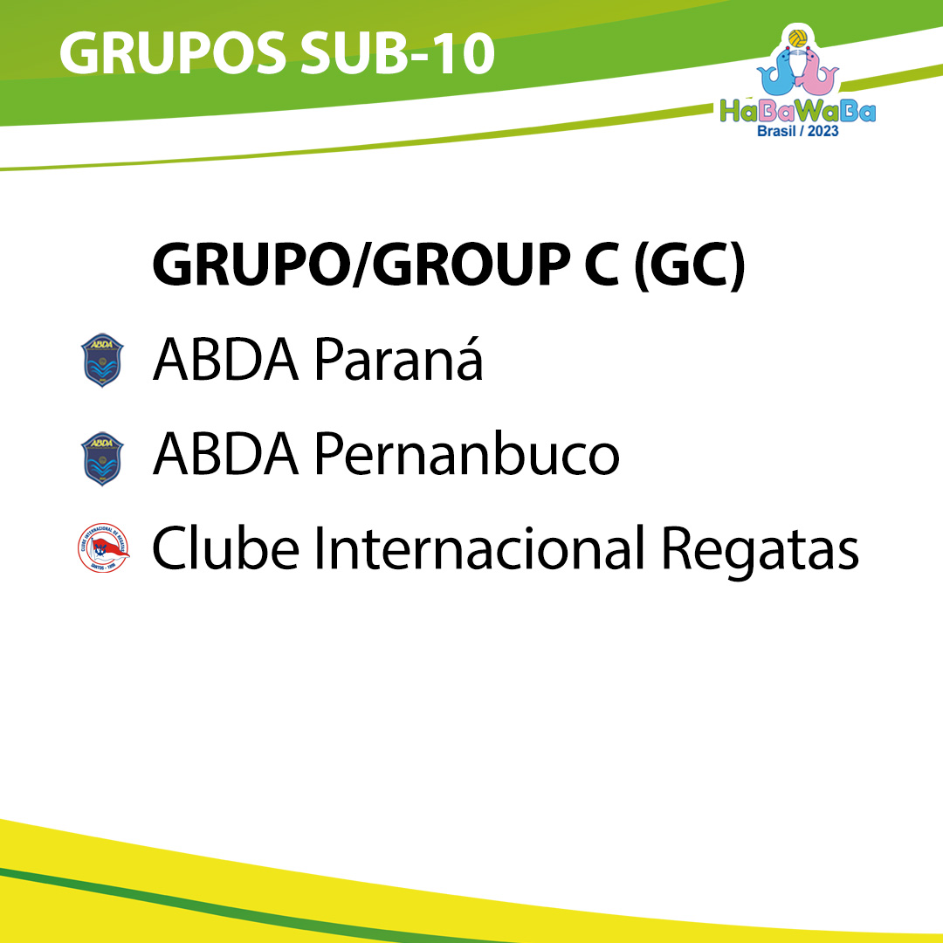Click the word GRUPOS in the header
pos(173,53)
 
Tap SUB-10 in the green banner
pos(397,53)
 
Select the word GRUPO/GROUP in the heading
pos(361,265)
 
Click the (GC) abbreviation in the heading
pos(689,265)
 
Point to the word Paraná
pos(398,359)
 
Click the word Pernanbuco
pos(466,453)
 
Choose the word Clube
pos(225,547)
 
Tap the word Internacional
pos(480,547)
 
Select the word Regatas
pos(761,549)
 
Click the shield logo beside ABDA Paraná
pos(102,361)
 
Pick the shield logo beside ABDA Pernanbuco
pos(102,459)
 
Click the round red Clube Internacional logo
pos(103,547)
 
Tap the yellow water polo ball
pos(797,38)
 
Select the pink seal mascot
pos(816,73)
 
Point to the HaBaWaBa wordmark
pos(798,112)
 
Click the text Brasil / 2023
pos(797,131)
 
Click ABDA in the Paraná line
pos(225,360)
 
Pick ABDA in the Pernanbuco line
pos(225,454)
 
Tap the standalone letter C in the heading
pos(602,265)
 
